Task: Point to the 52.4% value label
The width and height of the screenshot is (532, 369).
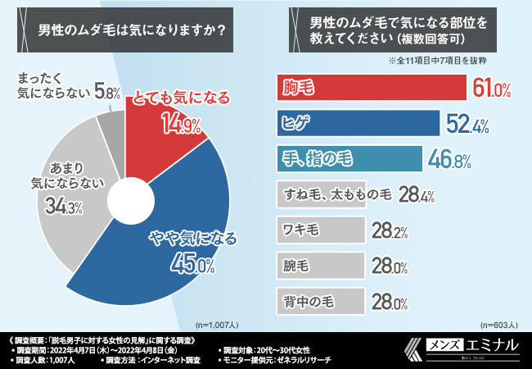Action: tap(467, 124)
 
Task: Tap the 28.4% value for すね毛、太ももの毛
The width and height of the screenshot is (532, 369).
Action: tap(417, 195)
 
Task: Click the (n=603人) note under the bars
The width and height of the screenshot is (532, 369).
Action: tap(501, 324)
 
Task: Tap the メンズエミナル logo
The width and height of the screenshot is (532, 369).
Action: tap(466, 348)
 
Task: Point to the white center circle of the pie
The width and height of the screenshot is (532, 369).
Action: tap(124, 200)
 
